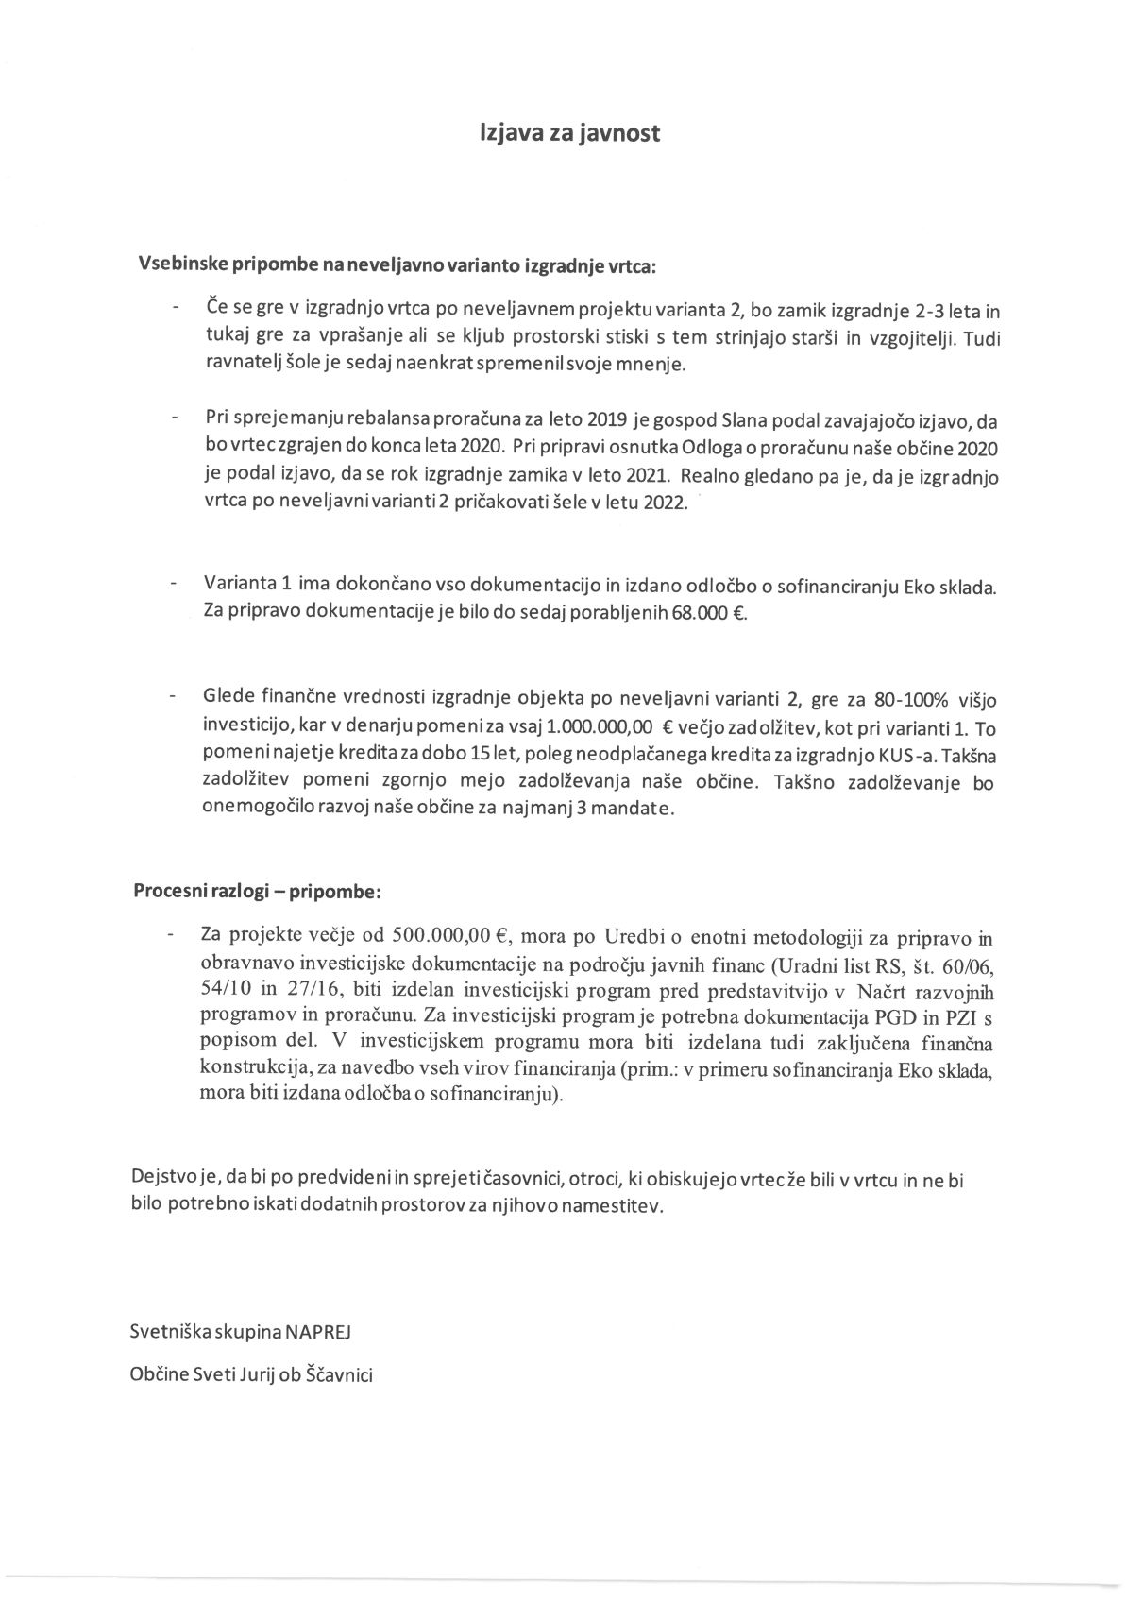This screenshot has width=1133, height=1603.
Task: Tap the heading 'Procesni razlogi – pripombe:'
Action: (257, 891)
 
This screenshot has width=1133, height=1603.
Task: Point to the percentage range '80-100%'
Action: (893, 699)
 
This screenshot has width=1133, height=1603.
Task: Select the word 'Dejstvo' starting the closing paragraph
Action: (161, 1180)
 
